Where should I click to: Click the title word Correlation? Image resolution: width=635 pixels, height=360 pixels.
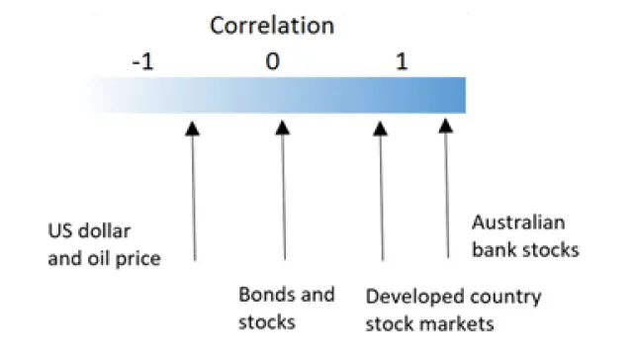(272, 26)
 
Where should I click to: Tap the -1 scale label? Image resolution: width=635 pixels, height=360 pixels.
(143, 62)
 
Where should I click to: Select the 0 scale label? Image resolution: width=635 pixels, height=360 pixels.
(273, 61)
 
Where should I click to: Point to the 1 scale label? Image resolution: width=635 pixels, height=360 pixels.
(402, 61)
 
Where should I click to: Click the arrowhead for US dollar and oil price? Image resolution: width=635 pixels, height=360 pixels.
(192, 129)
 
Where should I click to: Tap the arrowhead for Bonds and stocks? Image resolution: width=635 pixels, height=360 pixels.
(282, 128)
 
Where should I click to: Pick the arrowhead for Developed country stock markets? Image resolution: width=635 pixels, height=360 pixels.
(380, 129)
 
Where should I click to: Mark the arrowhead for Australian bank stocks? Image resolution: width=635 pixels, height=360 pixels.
(445, 126)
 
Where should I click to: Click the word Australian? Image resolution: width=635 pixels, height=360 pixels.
(518, 223)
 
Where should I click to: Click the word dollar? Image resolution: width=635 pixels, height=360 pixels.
(104, 231)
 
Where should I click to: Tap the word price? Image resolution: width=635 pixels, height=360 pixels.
(138, 259)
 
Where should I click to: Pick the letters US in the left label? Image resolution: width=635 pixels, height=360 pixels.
(60, 231)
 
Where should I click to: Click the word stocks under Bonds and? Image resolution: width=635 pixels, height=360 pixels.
(267, 322)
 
